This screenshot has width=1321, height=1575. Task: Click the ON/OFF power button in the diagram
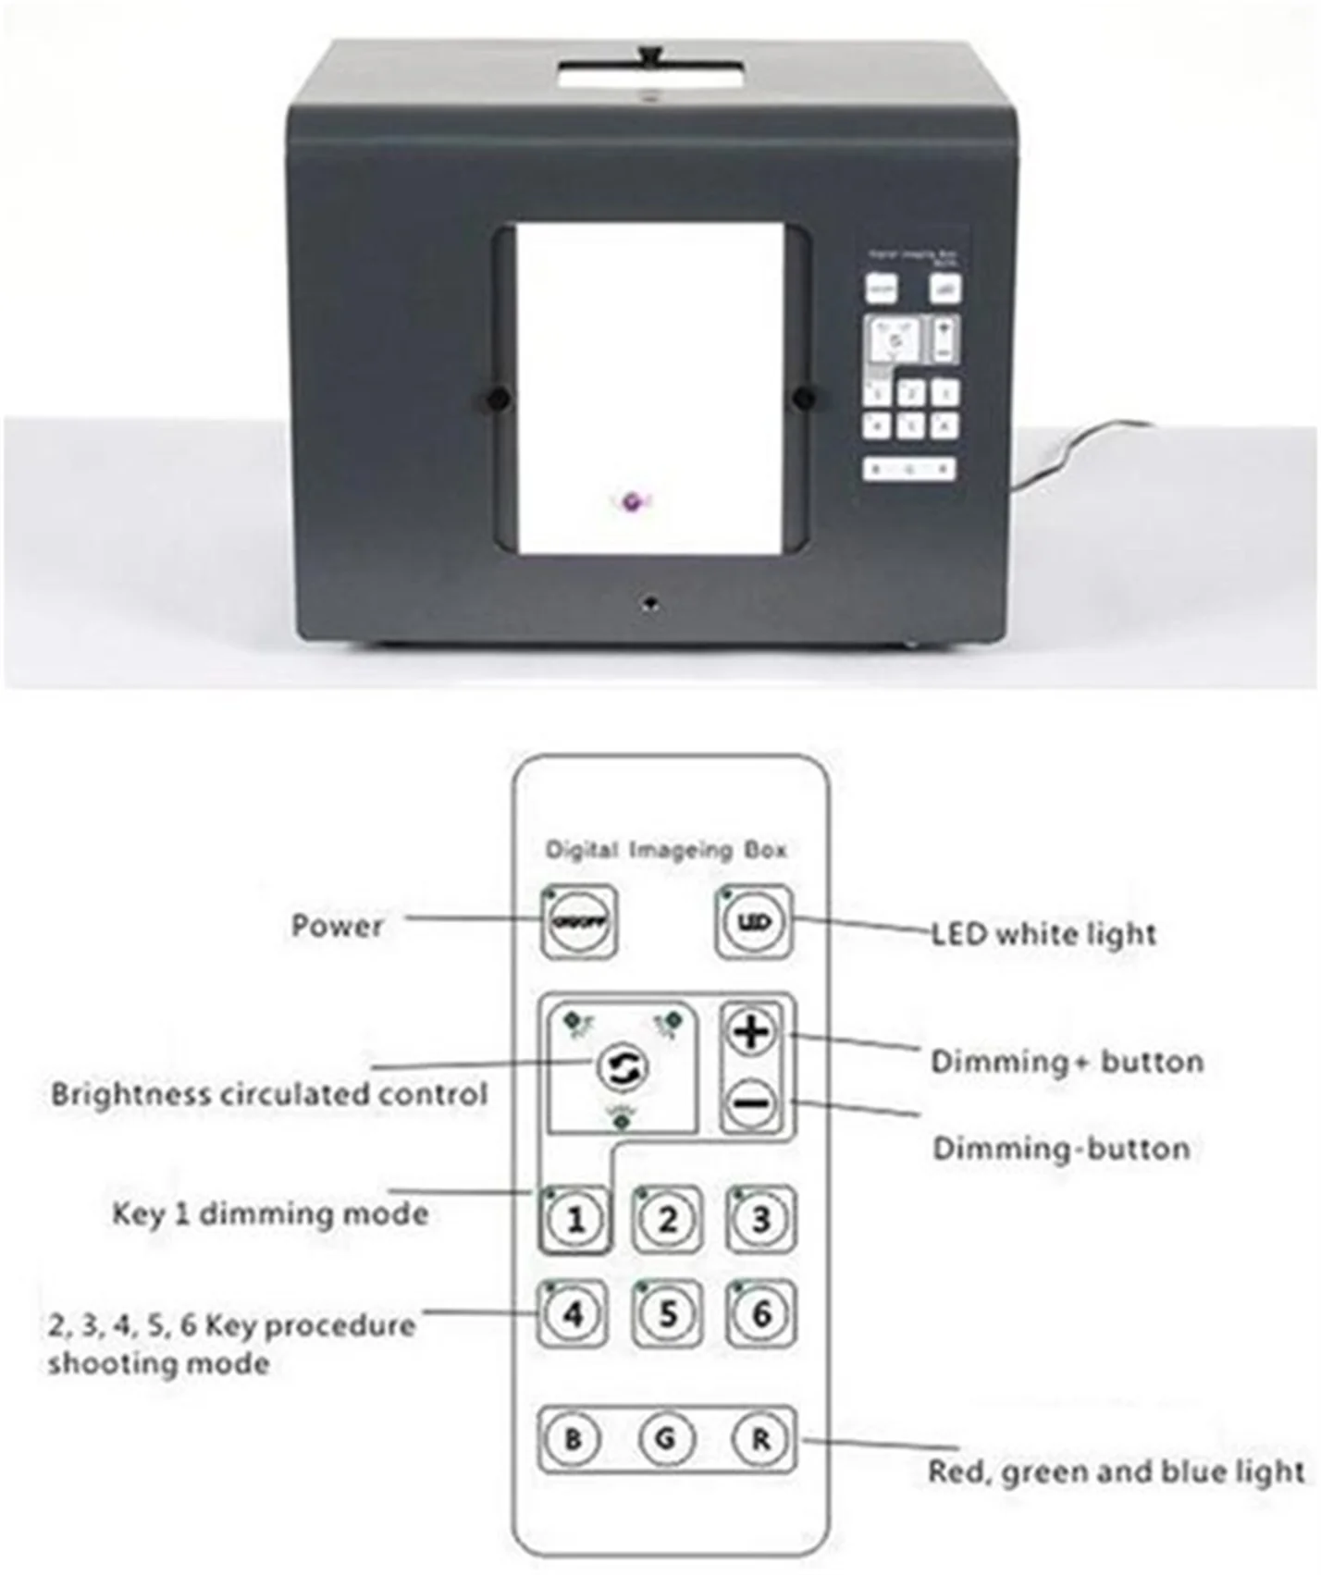coord(578,923)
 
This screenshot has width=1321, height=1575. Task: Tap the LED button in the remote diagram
coord(753,922)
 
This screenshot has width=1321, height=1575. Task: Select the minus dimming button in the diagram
coord(753,1103)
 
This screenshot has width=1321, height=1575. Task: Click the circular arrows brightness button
coord(623,1067)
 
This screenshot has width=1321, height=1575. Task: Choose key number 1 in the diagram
coord(574,1219)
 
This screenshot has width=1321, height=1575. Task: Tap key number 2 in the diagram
coord(667,1219)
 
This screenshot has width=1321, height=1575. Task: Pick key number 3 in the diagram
coord(759,1219)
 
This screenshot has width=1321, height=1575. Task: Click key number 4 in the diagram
coord(574,1313)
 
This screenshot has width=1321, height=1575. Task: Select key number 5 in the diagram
coord(667,1313)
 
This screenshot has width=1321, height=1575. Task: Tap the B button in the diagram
coord(574,1439)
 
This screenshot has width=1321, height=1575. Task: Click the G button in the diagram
coord(666,1439)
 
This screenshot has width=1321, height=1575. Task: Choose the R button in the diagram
coord(760,1439)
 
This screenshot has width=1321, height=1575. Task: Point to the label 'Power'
coord(337,925)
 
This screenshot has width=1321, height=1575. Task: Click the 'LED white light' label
coord(1043,933)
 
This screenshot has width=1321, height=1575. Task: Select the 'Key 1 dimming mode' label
coord(270,1212)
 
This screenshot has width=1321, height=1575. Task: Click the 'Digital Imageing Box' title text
coord(666,849)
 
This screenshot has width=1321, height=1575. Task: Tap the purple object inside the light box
coord(634,502)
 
